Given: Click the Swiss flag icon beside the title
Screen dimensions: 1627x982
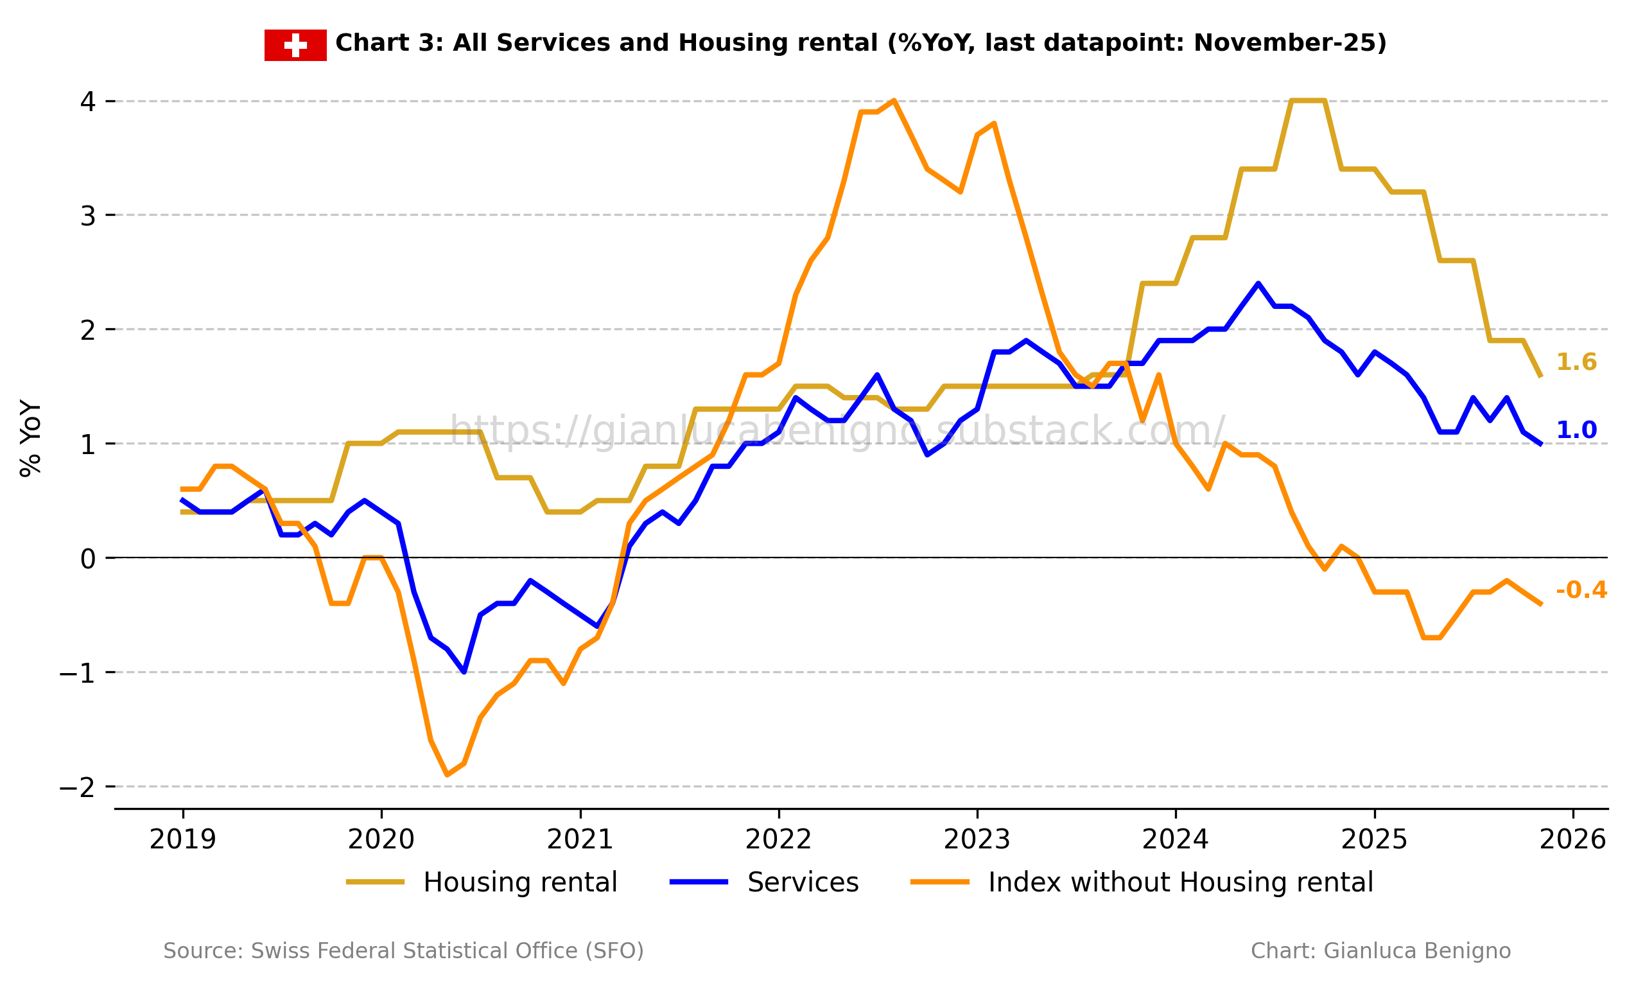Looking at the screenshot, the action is click(x=295, y=45).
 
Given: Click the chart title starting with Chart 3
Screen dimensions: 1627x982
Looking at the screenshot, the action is click(x=861, y=43).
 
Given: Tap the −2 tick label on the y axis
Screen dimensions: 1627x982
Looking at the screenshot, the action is click(x=77, y=787).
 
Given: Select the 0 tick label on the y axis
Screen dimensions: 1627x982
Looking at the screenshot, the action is click(x=88, y=559).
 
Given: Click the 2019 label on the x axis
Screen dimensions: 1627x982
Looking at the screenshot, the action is click(x=183, y=840).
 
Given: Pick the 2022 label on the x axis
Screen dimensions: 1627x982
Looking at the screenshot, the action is click(x=778, y=840).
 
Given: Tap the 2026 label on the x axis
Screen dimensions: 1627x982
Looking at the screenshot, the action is click(x=1573, y=840).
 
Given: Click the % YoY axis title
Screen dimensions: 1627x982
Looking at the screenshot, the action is click(x=30, y=438).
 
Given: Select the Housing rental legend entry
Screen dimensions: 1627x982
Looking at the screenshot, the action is click(x=482, y=883).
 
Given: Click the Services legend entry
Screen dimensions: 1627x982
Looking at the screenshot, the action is click(x=765, y=883).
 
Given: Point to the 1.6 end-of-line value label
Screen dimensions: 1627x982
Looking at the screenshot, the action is click(x=1576, y=362).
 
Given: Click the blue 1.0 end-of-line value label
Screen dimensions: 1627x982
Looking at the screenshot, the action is click(x=1576, y=430).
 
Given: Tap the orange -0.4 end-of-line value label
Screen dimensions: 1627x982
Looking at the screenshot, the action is click(x=1581, y=590).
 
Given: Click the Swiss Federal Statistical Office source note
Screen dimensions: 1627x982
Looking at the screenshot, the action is click(x=403, y=951).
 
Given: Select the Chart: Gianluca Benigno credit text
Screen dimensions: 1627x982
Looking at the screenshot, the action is click(x=1381, y=951).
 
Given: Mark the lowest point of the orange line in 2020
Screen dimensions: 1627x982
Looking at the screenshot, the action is click(x=448, y=775).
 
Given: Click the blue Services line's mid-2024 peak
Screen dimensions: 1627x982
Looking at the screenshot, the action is click(x=1258, y=283).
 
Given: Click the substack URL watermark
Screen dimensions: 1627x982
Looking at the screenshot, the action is click(x=837, y=430).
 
